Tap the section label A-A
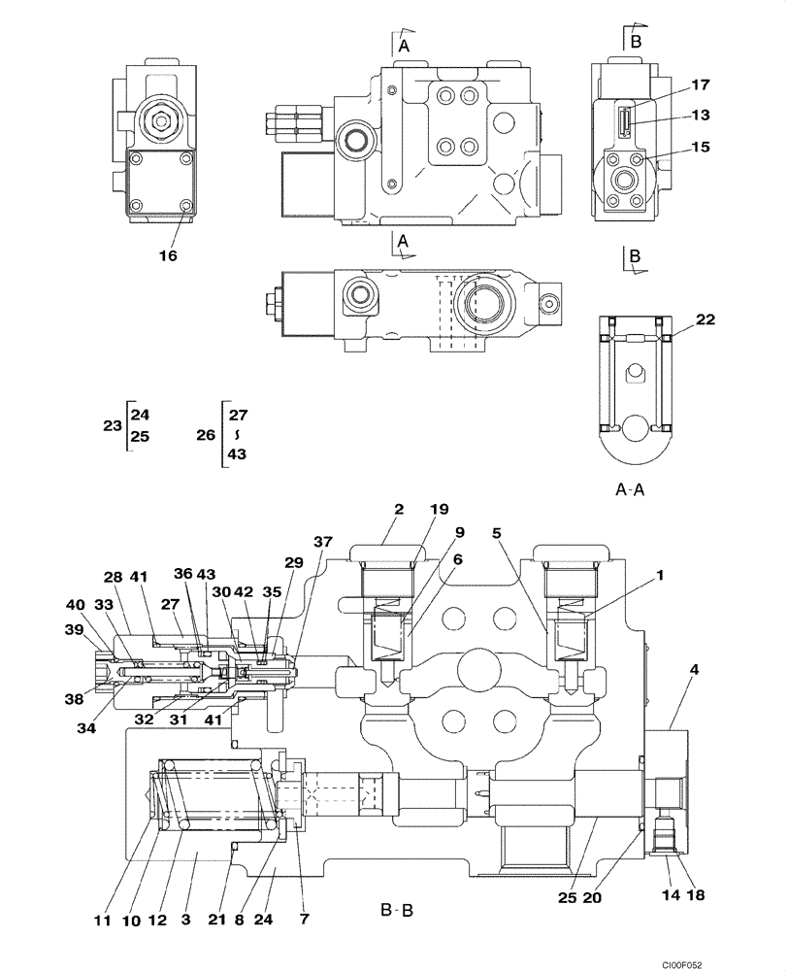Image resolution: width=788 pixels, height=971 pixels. point(630,491)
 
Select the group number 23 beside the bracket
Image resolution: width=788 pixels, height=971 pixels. point(112,424)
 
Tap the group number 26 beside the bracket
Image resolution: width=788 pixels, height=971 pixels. point(205,435)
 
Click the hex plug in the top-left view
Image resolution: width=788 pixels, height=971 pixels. point(160,122)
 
